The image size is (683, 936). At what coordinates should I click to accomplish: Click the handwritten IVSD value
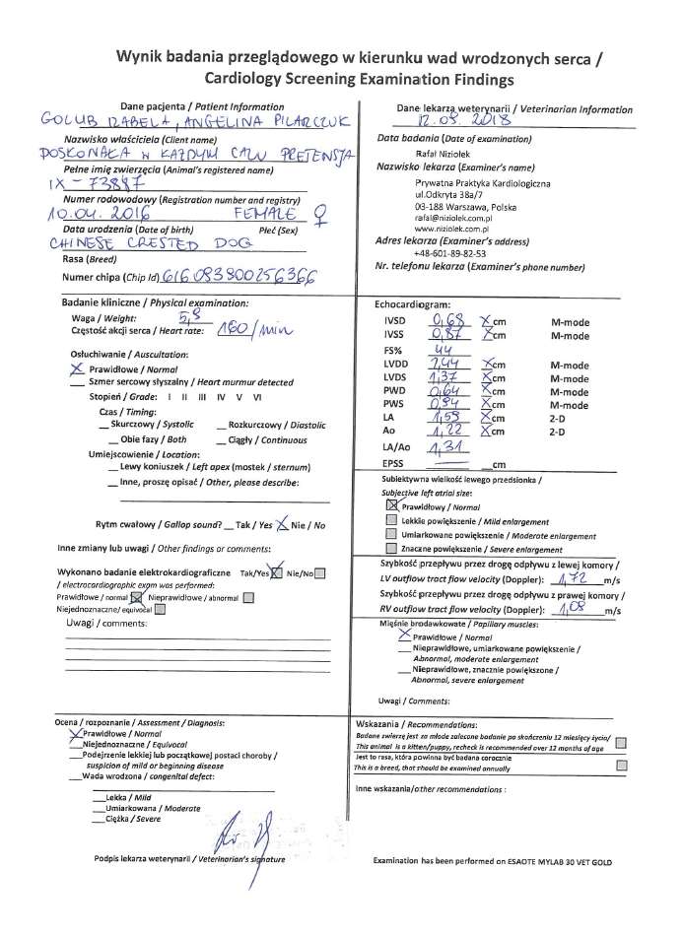click(448, 321)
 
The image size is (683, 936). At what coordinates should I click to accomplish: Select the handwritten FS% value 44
click(445, 349)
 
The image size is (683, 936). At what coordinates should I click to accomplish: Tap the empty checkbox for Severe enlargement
click(392, 548)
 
